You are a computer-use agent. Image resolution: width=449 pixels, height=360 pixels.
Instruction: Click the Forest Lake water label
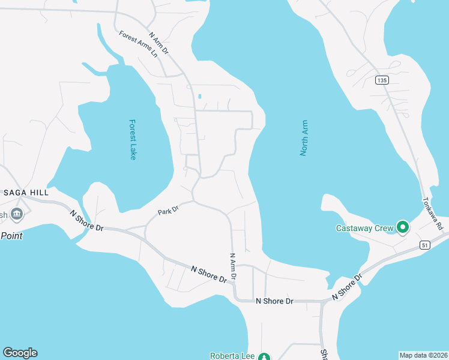(x=133, y=139)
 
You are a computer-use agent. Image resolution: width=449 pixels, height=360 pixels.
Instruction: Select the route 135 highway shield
(x=382, y=80)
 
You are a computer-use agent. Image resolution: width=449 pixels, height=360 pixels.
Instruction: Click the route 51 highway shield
(x=425, y=244)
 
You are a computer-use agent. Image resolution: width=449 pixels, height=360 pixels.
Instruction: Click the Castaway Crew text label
(x=364, y=228)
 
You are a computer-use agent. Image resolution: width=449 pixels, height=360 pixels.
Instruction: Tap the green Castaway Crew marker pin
(x=403, y=227)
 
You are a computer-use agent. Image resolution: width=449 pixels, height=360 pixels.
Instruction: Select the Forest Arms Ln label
(x=137, y=44)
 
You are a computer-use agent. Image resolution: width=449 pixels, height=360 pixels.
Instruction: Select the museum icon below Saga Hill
(x=16, y=214)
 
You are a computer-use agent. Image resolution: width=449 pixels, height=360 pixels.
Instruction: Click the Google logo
(x=20, y=353)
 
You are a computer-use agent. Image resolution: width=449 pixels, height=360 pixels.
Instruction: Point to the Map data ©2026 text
(x=423, y=355)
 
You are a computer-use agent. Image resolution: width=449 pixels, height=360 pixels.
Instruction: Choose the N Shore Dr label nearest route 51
(x=346, y=287)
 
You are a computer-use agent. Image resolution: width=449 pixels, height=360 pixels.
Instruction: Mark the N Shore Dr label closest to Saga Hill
(x=87, y=221)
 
